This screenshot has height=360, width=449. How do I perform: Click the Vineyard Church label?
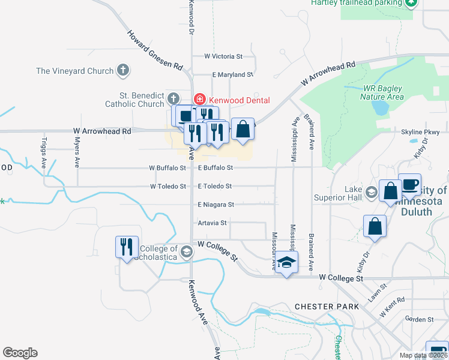pos(74,71)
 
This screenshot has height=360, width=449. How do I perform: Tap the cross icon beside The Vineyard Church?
pos(122,71)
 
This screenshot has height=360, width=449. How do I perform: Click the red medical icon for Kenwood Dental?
pos(199,100)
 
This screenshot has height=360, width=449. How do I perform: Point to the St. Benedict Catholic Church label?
pos(142,100)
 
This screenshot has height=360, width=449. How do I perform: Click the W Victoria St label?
pos(223,56)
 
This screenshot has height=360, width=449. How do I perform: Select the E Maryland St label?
pos(233,75)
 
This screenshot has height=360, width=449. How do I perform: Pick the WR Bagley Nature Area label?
pos(382,92)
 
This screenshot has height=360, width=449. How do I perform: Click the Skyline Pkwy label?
pos(425,132)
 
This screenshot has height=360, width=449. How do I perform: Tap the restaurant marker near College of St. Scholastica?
pos(126,247)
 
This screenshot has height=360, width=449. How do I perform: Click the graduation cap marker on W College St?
pos(287,263)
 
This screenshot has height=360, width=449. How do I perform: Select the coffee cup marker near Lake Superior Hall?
pos(409,185)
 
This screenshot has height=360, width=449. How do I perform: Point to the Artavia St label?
pos(212,223)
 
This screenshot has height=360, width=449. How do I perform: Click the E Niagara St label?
pos(215,205)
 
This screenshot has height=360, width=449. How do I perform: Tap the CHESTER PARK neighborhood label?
pos(327,307)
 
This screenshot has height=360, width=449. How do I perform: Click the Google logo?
pos(20,353)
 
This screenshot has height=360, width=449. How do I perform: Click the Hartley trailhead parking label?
pos(356,3)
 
